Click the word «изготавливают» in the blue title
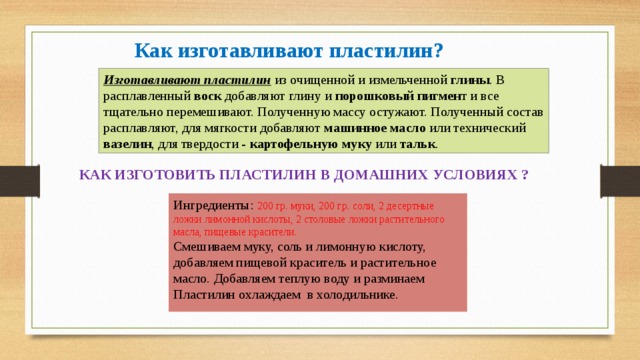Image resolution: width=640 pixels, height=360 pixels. click(x=237, y=50)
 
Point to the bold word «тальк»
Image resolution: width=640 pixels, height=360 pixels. click(x=417, y=146)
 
